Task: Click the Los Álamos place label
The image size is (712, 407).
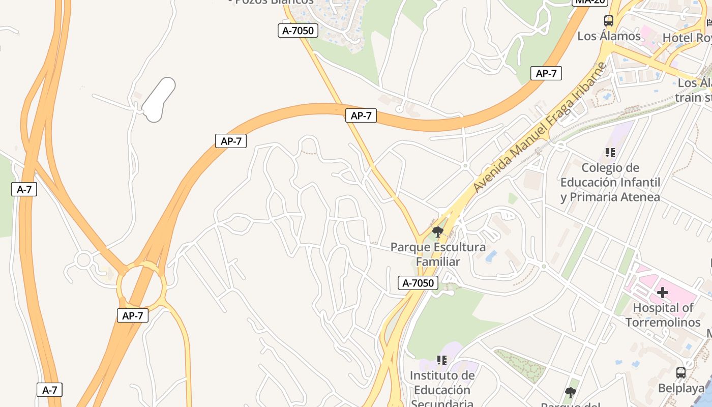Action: (x=609, y=36)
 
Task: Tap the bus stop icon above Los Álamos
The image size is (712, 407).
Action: (x=609, y=21)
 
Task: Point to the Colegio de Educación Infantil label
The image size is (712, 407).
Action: (x=610, y=182)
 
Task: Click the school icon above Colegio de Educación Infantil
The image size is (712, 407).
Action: (x=610, y=152)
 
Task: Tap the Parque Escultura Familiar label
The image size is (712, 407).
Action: (x=438, y=254)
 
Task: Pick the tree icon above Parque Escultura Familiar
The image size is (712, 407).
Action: (x=437, y=232)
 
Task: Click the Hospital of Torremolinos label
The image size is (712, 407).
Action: (x=663, y=315)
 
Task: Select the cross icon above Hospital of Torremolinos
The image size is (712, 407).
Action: (x=662, y=293)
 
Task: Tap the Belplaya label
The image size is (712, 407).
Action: (x=681, y=388)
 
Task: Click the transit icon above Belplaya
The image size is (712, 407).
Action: (x=681, y=373)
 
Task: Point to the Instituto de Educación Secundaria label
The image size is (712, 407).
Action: (x=442, y=389)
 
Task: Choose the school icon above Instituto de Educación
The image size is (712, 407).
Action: (x=442, y=360)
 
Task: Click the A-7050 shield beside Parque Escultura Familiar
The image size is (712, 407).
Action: (x=418, y=283)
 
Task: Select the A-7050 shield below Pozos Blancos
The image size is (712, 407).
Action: (x=298, y=31)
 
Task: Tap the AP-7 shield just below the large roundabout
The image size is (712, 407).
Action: (x=133, y=315)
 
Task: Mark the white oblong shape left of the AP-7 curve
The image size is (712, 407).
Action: (x=159, y=100)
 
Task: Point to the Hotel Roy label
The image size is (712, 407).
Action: (x=687, y=38)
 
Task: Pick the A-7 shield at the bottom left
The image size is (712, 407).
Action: (x=49, y=390)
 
